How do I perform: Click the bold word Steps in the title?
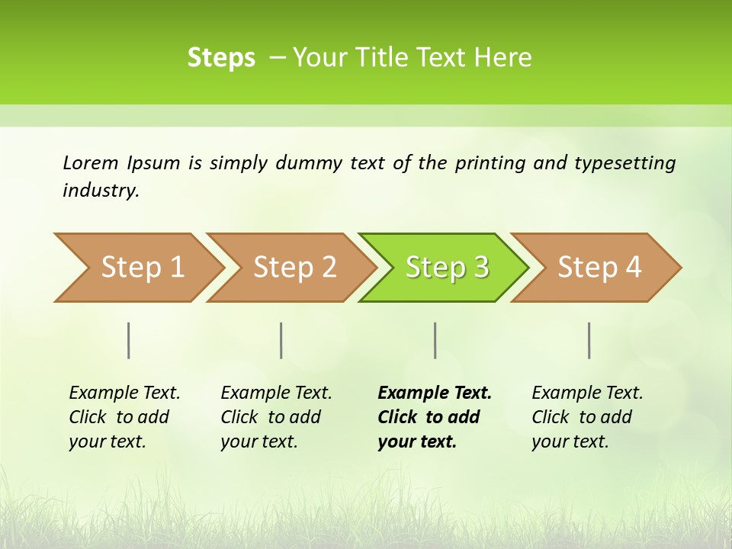[x=221, y=58]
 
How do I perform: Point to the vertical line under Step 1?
[x=129, y=340]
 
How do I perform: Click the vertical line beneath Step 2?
[x=281, y=340]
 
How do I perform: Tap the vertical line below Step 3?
[x=435, y=340]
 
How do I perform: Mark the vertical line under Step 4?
[x=589, y=340]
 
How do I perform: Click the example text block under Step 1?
[x=124, y=417]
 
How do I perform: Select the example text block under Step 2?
[x=276, y=417]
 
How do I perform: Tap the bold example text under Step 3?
[x=434, y=417]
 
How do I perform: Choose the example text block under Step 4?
[x=587, y=417]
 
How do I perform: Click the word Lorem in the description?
[x=91, y=162]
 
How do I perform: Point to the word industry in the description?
[x=101, y=191]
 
